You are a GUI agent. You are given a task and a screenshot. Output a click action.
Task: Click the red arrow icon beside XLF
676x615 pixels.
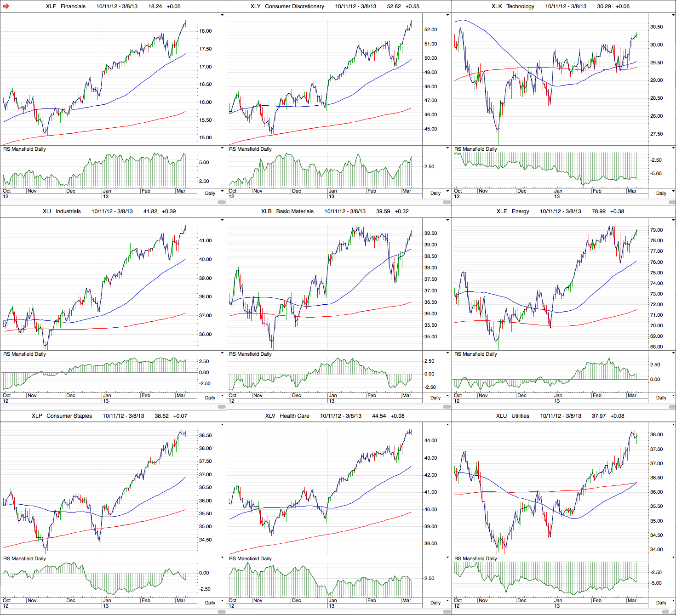coord(6,6)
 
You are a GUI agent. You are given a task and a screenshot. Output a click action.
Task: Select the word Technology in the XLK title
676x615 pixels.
coord(520,6)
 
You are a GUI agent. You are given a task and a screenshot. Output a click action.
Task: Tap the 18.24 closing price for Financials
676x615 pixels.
coord(155,6)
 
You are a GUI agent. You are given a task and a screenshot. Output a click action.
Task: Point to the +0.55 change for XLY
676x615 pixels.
coord(412,6)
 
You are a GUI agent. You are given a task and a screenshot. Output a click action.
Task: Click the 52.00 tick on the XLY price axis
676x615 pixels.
coord(430,30)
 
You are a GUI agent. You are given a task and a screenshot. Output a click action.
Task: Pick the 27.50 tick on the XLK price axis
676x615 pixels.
coord(656,134)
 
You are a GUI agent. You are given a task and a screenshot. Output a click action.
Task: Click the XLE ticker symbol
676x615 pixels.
coord(502,211)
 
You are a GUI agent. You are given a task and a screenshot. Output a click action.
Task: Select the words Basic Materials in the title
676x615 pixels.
coord(295,211)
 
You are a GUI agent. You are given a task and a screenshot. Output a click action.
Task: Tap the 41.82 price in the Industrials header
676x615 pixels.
coord(150,211)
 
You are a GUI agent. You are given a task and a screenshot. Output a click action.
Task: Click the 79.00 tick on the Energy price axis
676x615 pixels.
coord(656,230)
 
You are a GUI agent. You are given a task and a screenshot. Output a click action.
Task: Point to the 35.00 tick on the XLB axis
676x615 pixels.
coord(430,337)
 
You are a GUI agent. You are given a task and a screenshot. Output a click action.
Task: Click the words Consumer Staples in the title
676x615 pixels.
coord(69,416)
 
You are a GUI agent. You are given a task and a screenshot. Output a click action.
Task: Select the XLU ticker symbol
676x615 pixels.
coord(501,416)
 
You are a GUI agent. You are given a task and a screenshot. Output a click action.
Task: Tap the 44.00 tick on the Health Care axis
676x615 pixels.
coord(430,441)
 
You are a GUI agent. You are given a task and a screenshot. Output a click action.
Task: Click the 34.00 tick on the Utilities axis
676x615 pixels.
coord(656,550)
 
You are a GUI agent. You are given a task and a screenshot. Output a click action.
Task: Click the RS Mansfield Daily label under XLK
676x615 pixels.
coord(475,149)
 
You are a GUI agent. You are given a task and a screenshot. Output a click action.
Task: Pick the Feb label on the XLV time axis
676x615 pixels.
coord(372,600)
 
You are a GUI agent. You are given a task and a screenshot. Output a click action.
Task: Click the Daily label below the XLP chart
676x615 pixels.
coord(210,603)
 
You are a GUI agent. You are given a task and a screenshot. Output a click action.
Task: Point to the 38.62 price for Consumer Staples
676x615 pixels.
coord(161,416)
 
